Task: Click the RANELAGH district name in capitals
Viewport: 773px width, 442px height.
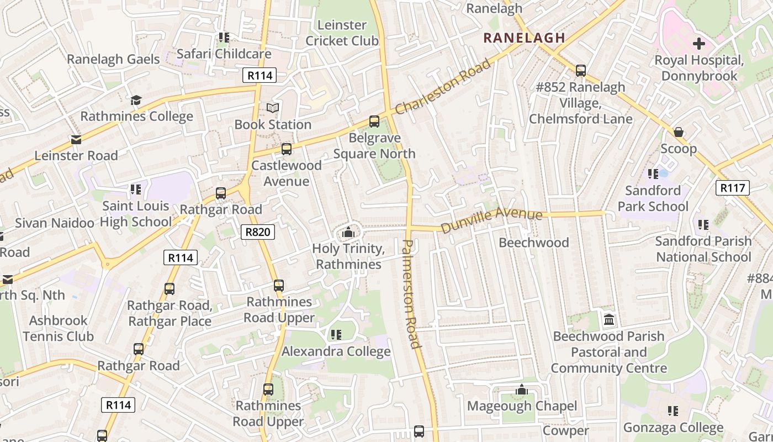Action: pyautogui.click(x=524, y=38)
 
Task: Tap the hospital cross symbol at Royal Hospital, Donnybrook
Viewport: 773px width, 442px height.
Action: pyautogui.click(x=699, y=43)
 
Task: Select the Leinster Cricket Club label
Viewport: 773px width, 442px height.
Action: pyautogui.click(x=342, y=33)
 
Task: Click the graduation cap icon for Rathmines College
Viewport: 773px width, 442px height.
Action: pyautogui.click(x=136, y=100)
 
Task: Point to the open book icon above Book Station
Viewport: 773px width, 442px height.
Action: pyautogui.click(x=273, y=108)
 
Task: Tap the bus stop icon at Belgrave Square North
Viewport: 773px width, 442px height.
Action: pyautogui.click(x=374, y=122)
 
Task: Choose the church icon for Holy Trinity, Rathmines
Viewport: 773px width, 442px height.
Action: pyautogui.click(x=348, y=233)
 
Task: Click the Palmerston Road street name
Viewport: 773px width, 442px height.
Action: pyautogui.click(x=411, y=294)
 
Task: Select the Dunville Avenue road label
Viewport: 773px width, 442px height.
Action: pyautogui.click(x=491, y=219)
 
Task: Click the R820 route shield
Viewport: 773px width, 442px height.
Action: pyautogui.click(x=258, y=232)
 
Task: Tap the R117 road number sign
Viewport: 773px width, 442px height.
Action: pyautogui.click(x=733, y=188)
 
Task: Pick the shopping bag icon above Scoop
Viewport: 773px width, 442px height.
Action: pyautogui.click(x=679, y=132)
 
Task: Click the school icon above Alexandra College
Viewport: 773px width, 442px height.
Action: pyautogui.click(x=336, y=334)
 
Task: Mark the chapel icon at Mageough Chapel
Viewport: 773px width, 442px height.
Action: pyautogui.click(x=521, y=390)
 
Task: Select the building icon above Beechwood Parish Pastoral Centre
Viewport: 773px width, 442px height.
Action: pyautogui.click(x=609, y=319)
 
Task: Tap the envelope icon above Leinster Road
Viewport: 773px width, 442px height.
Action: pyautogui.click(x=76, y=140)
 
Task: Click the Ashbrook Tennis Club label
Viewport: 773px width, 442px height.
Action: pyautogui.click(x=58, y=328)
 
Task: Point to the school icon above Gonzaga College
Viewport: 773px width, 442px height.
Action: pyautogui.click(x=673, y=411)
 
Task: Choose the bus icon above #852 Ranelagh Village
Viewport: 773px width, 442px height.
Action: pyautogui.click(x=580, y=70)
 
